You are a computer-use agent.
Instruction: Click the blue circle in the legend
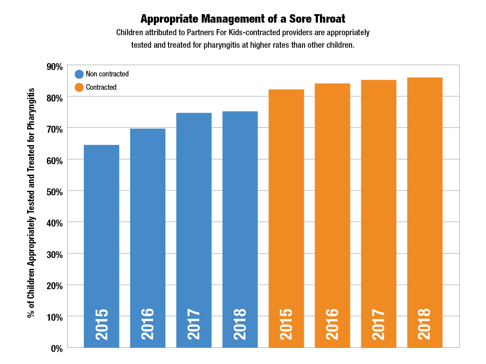pos(79,74)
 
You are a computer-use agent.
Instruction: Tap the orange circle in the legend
pos(79,87)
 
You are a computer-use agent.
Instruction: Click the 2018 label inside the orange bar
pos(424,324)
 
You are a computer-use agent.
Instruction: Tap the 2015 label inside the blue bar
pos(102,324)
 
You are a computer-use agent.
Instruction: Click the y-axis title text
pos(31,202)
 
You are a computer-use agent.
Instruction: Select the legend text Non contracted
pos(107,74)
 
